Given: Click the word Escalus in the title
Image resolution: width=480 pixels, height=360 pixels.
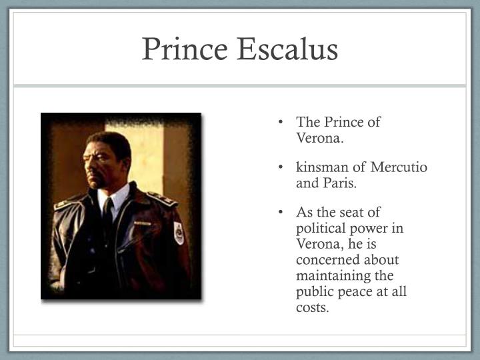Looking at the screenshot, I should (289, 51).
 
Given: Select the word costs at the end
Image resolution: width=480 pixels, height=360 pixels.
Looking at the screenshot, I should (313, 308).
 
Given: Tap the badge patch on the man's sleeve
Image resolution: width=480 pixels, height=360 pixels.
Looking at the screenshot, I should (179, 233).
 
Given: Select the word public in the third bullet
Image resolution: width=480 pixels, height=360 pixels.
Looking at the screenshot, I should (315, 292).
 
